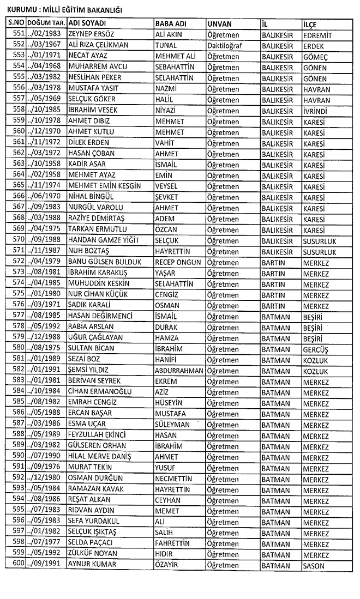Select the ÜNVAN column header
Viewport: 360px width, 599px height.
tap(220, 25)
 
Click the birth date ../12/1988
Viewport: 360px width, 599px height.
tap(46, 338)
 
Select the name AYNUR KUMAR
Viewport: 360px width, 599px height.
tap(92, 565)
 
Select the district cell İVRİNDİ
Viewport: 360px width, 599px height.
tap(317, 110)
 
